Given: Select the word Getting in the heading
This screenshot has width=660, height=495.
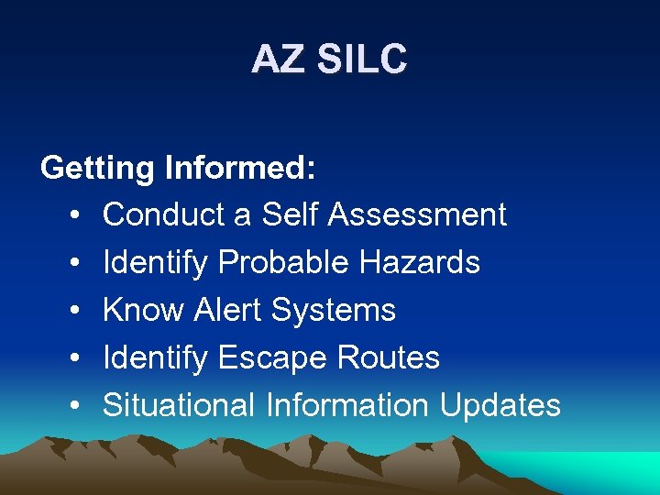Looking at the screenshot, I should (x=98, y=169).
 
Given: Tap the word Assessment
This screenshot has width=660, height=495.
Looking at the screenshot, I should (x=417, y=214).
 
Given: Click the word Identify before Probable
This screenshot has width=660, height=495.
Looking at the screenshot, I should (x=156, y=263).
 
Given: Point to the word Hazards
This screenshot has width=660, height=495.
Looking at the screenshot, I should (x=420, y=262).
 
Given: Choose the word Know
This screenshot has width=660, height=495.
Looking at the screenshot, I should (x=144, y=310).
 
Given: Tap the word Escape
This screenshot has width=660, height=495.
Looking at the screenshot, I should (x=273, y=357).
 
